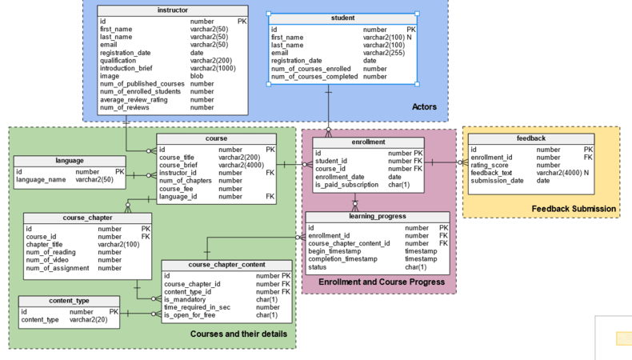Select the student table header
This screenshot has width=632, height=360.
[x=342, y=18]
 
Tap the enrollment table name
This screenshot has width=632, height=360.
[x=368, y=142]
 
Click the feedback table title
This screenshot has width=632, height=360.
[x=531, y=138]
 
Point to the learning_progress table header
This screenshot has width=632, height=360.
[x=378, y=216]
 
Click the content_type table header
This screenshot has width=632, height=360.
[x=69, y=301]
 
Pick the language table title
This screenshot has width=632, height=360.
[x=69, y=161]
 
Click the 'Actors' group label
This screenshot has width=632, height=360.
[x=424, y=107]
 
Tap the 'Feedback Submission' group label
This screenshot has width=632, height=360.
[x=574, y=209]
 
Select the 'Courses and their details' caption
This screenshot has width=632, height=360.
[x=238, y=334]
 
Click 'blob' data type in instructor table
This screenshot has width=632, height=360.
[x=197, y=76]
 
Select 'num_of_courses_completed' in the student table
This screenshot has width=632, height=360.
[x=314, y=77]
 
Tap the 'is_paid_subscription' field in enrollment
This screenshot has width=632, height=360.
[x=346, y=185]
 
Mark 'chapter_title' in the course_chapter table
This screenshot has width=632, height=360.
[x=50, y=245]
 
